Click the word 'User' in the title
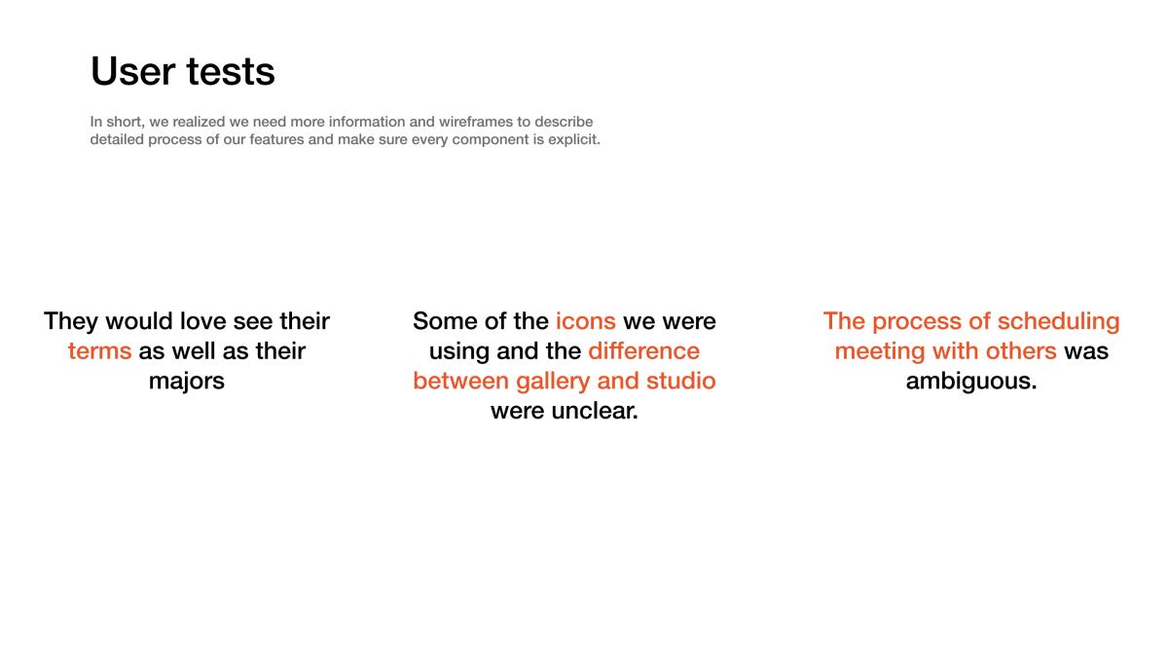[x=133, y=71]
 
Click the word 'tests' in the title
[x=231, y=72]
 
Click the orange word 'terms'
[x=99, y=351]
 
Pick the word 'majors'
[x=187, y=382]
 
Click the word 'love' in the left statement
[x=202, y=321]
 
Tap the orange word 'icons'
[x=586, y=321]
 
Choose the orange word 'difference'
[x=644, y=351]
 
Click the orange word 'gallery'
[x=553, y=382]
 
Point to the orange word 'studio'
[x=681, y=381]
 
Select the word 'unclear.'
[x=595, y=411]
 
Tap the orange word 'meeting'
[x=880, y=352]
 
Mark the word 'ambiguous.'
[x=971, y=382]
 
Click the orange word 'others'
[x=1021, y=351]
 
